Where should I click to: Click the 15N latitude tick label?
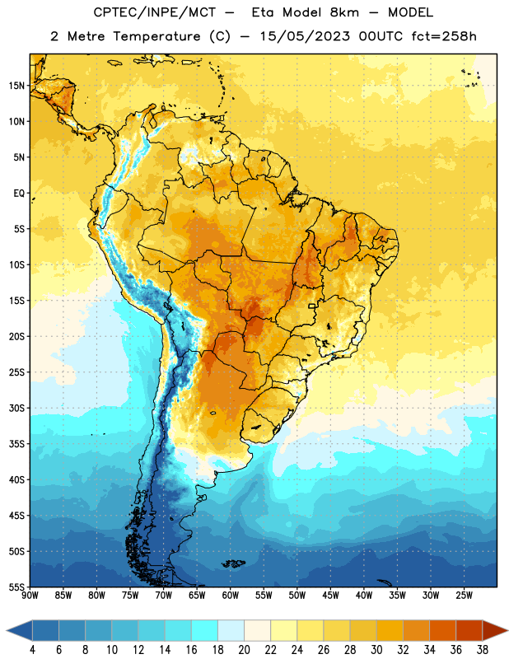16,86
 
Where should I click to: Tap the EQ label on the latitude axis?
19,194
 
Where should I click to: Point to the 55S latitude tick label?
16,587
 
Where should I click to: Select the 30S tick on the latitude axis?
16,408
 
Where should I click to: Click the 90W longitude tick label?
30,595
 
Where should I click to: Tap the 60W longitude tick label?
231,595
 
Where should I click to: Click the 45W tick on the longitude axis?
330,595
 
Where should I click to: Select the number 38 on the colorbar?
483,650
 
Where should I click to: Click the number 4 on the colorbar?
32,650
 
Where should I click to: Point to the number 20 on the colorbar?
244,650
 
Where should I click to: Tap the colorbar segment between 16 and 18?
205,630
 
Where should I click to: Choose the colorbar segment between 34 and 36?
442,630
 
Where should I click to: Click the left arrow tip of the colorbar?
7,630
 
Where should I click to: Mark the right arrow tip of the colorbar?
507,630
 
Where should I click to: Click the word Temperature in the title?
156,36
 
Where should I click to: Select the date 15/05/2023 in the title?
305,36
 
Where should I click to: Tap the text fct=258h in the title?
444,36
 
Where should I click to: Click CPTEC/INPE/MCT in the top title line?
155,12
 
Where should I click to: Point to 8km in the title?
344,12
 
